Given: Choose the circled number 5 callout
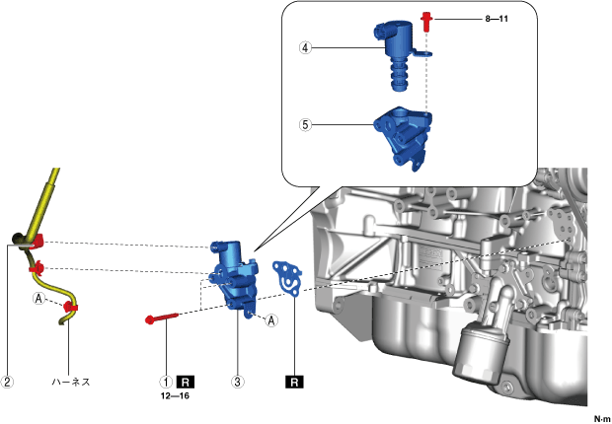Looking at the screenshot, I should click(x=307, y=125).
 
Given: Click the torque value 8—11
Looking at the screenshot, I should click(x=468, y=18).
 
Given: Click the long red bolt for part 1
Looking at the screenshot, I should click(x=163, y=318).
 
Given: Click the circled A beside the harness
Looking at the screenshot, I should click(x=39, y=299).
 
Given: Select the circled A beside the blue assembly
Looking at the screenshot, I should click(x=271, y=318).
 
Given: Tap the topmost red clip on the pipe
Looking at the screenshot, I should click(x=41, y=240).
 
